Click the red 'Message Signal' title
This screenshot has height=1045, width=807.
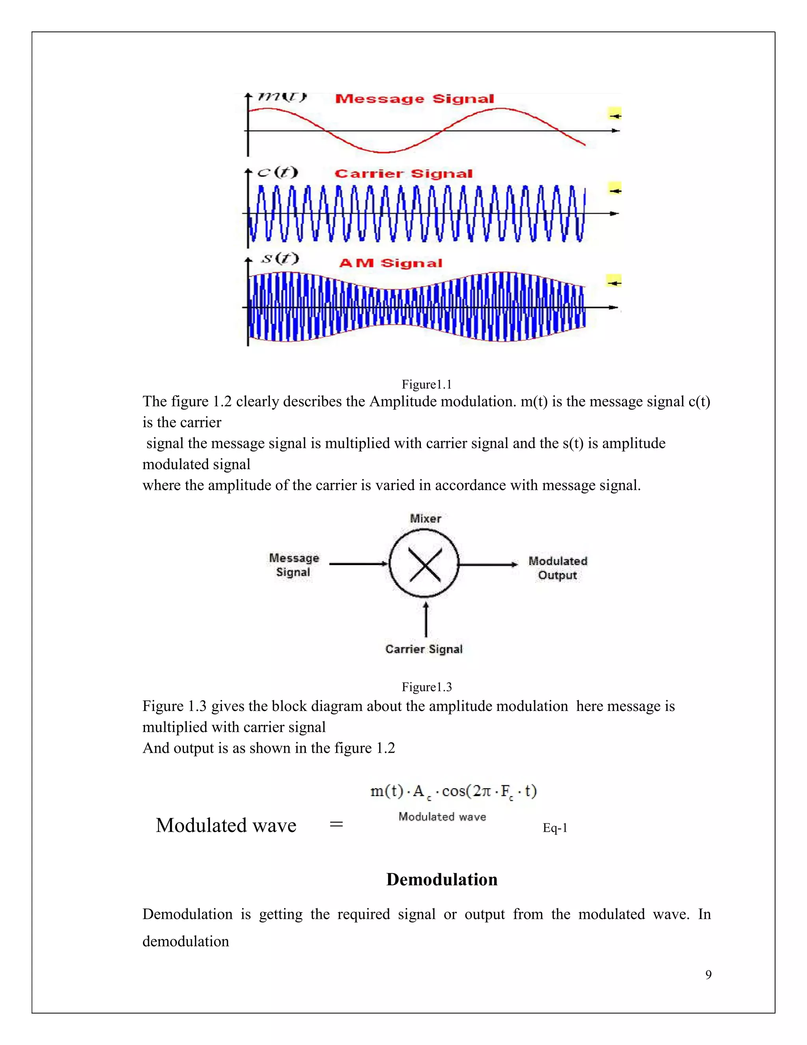[x=414, y=99]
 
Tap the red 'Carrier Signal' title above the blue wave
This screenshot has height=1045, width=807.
[x=403, y=174]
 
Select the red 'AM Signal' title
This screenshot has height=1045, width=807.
[x=390, y=263]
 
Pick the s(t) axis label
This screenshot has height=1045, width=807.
[x=280, y=259]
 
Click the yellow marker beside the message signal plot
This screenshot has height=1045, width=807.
[x=614, y=115]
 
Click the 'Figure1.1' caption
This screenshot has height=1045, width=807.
[x=426, y=384]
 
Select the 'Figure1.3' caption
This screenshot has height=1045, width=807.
[x=426, y=687]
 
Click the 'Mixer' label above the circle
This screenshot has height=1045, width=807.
[x=425, y=518]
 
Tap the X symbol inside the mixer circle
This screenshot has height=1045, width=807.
[x=424, y=564]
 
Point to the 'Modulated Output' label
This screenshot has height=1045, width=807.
[x=558, y=568]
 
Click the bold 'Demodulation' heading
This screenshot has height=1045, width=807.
[x=442, y=879]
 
